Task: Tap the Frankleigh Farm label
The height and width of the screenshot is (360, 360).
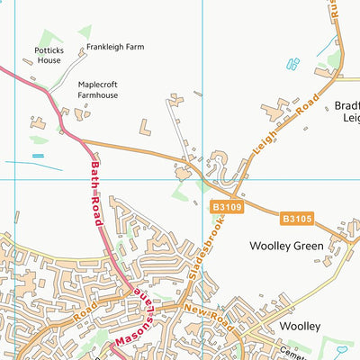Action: (115, 46)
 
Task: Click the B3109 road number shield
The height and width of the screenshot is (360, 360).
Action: (228, 207)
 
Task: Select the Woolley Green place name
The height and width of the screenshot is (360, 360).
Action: (286, 244)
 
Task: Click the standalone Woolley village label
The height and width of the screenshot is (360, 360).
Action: (299, 324)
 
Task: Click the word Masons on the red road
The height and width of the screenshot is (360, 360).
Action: (130, 341)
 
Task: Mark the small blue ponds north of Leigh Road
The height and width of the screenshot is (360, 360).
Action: (292, 64)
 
